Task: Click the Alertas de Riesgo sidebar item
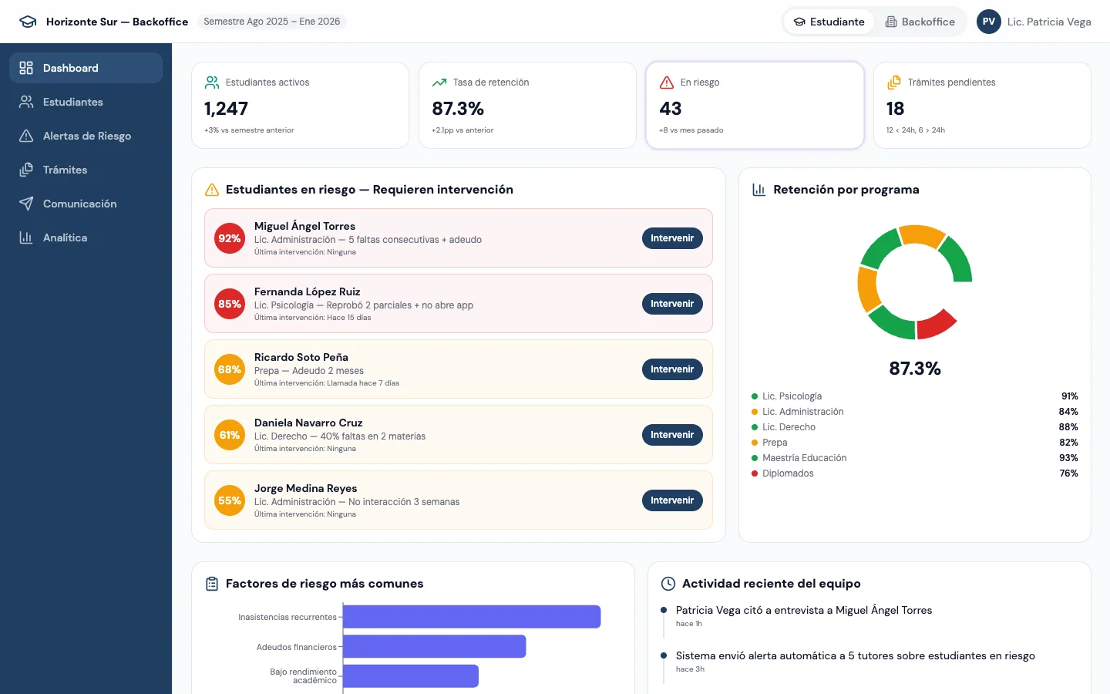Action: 86,136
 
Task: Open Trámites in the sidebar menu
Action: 65,170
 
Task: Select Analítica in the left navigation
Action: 65,238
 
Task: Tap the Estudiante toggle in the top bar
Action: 829,22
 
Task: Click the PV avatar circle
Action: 988,22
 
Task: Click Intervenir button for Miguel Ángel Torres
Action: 671,238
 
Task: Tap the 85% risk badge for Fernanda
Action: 230,304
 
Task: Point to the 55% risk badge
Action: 230,500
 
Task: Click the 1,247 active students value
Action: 226,109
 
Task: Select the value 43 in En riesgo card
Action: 671,109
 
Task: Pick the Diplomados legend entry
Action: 788,473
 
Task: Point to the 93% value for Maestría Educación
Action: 1068,458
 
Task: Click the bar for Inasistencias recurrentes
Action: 471,617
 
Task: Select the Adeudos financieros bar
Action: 434,646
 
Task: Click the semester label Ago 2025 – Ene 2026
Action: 271,22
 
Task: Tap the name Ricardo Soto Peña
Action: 301,357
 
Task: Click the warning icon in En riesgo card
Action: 667,83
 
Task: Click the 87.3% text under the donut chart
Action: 914,369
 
